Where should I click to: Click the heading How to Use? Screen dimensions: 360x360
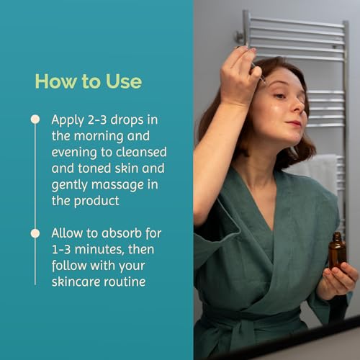click(x=89, y=81)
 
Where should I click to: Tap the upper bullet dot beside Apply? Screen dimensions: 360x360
click(x=35, y=120)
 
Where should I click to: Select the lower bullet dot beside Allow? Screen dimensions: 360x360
click(x=35, y=233)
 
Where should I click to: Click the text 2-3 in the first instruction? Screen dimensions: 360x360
click(x=97, y=120)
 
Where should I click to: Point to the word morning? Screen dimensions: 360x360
click(x=99, y=137)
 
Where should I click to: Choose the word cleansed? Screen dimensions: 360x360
click(x=141, y=152)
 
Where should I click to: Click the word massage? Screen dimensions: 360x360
click(x=118, y=185)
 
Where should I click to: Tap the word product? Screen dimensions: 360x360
click(x=96, y=201)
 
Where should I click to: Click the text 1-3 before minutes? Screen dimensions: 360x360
click(x=61, y=250)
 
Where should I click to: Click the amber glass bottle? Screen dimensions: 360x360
click(x=337, y=251)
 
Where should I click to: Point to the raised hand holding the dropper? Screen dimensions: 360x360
click(x=239, y=77)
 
